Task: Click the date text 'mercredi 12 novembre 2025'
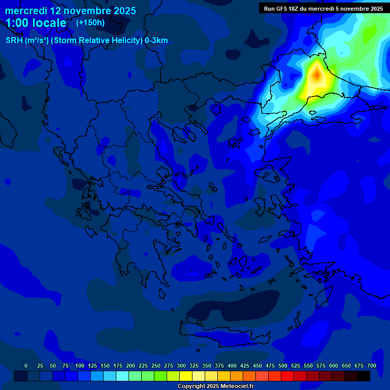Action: tap(71, 11)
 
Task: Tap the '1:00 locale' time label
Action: tap(36, 23)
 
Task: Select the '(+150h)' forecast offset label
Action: tap(90, 22)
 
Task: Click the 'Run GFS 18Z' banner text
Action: tap(284, 9)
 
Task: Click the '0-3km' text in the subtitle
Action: tap(156, 41)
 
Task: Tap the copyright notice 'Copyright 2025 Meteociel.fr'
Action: tap(215, 386)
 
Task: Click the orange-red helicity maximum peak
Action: tap(316, 75)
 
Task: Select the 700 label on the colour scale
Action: tap(372, 366)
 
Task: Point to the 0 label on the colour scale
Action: tap(26, 366)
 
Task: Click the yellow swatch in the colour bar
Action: tap(186, 376)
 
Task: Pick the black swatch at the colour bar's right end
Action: tap(364, 376)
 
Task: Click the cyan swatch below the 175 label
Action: tap(122, 376)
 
